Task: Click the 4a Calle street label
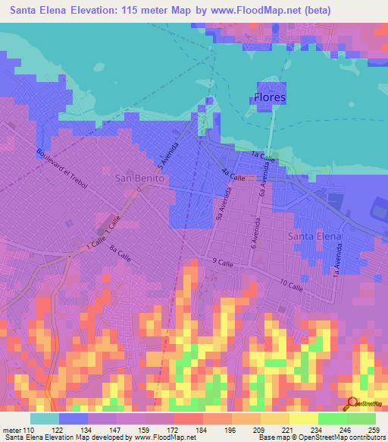pos(233,175)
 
